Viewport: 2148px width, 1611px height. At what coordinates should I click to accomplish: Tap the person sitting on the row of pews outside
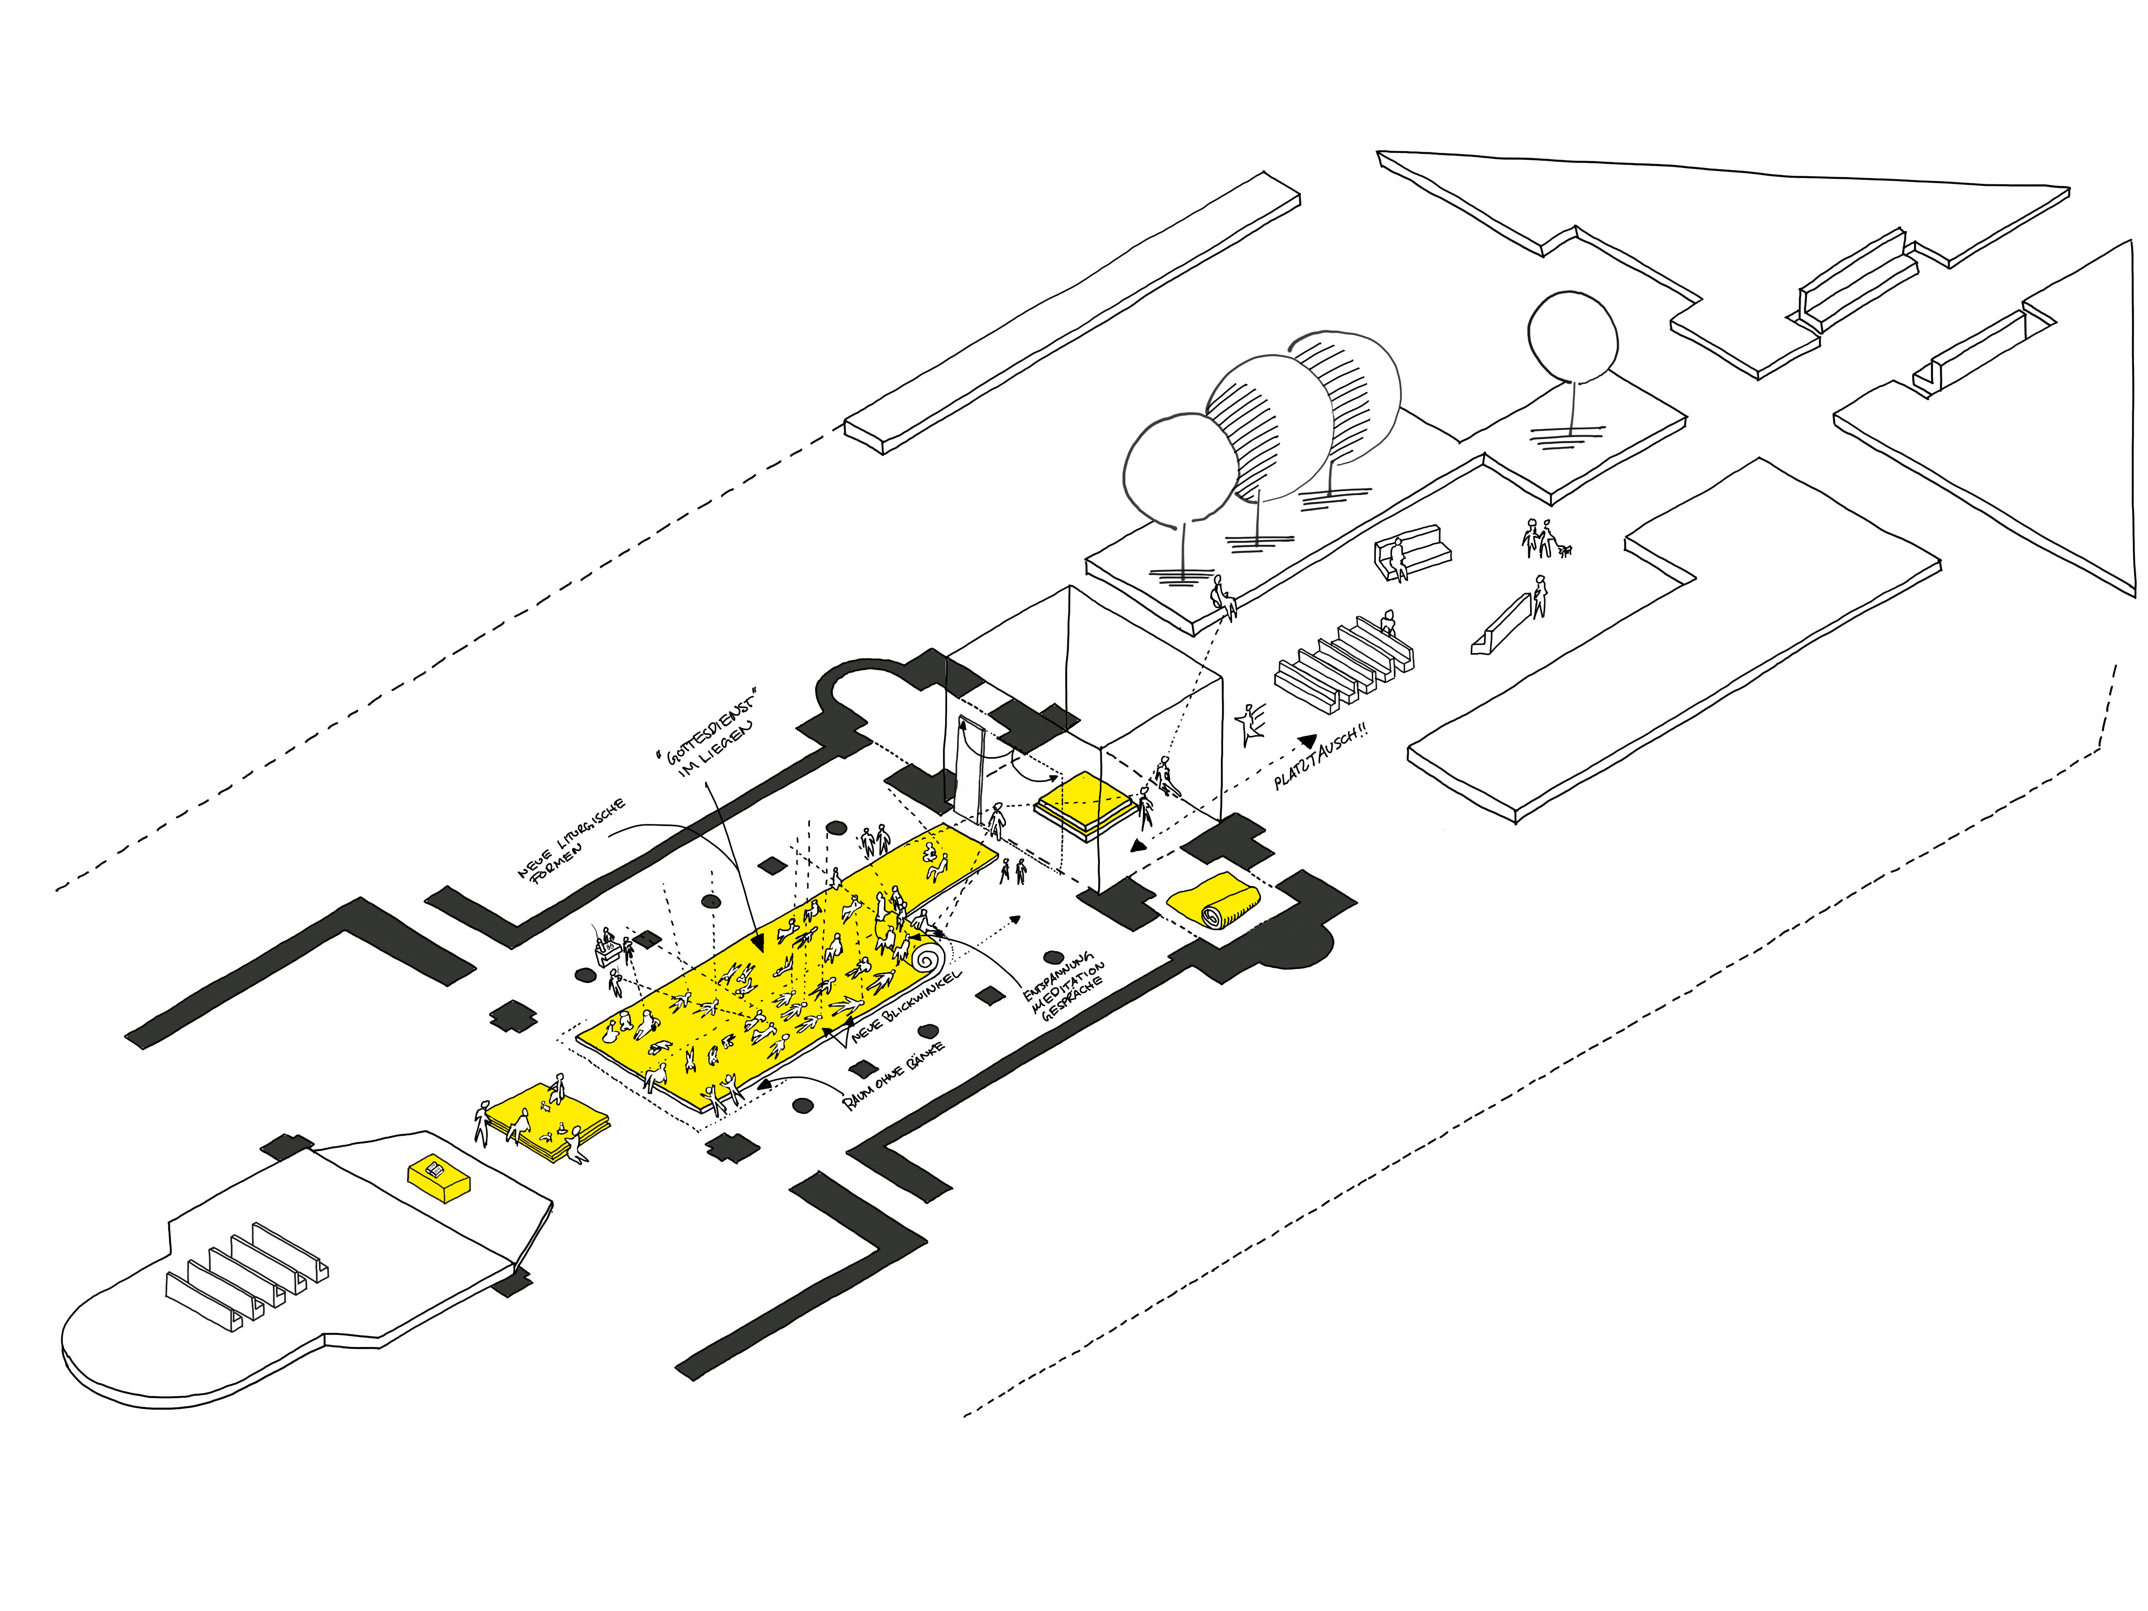(1388, 625)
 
